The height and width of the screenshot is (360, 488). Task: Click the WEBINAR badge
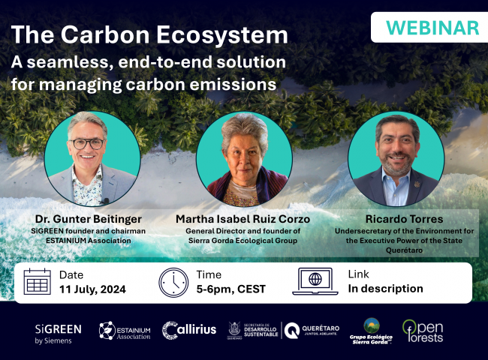pos(432,28)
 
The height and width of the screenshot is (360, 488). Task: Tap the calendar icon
pos(38,281)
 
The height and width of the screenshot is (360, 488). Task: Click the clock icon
pos(173,281)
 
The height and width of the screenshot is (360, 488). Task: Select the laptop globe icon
pos(315,281)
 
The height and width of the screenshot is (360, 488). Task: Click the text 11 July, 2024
pos(92,289)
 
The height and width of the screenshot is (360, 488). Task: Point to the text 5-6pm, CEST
pos(230,289)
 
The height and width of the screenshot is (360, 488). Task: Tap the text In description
pos(385,289)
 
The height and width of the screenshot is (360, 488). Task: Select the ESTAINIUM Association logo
pos(125,331)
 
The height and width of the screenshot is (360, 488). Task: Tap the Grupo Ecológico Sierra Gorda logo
pos(372,330)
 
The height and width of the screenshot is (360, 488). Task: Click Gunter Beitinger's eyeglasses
pos(88,143)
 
